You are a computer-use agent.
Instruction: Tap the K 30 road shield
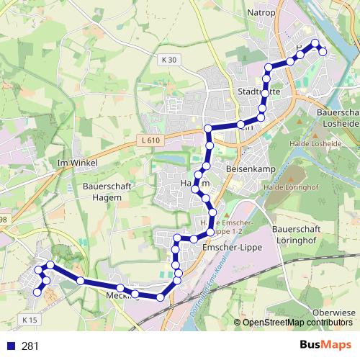(x=168, y=60)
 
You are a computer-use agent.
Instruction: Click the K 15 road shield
(x=30, y=319)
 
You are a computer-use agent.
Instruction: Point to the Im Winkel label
(x=78, y=163)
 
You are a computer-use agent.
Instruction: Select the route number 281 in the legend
(x=30, y=346)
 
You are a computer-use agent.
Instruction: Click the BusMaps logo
(x=325, y=345)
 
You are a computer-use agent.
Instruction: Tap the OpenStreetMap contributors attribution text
(x=293, y=322)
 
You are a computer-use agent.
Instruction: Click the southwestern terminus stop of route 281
(x=37, y=292)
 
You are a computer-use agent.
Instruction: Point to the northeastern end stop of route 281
(x=323, y=51)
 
